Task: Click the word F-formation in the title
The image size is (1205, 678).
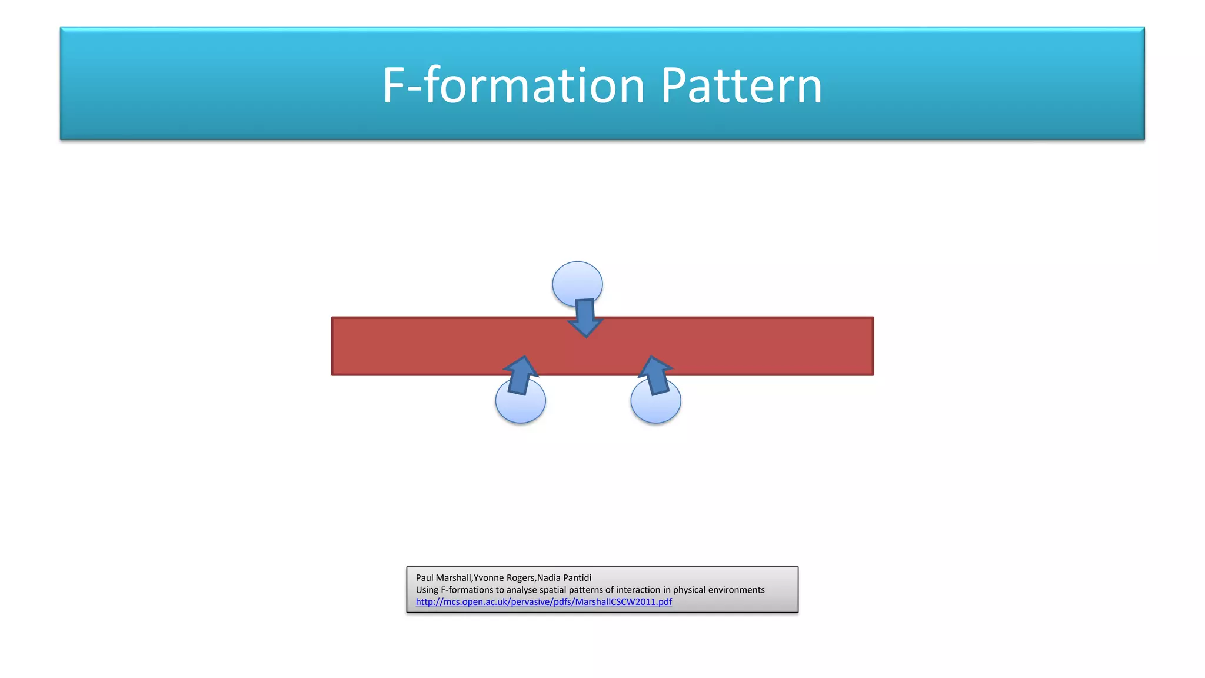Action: click(513, 86)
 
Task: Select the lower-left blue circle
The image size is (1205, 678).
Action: click(521, 406)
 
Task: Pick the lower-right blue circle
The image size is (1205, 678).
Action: click(656, 406)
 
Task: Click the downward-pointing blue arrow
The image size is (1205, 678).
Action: click(585, 318)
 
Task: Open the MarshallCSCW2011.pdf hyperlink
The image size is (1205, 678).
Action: click(544, 602)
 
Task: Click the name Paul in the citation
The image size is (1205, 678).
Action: click(424, 578)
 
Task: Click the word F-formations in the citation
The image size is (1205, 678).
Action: click(468, 590)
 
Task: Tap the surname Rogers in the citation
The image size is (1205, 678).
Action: click(520, 578)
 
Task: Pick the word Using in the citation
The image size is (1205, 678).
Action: click(427, 590)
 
